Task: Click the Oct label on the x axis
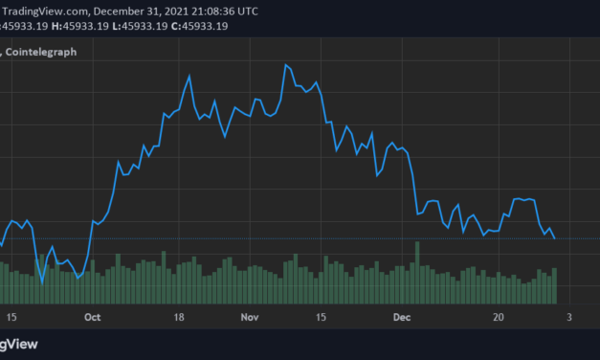tap(92, 315)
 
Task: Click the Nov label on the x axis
tap(249, 315)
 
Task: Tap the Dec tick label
tap(402, 315)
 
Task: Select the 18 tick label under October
tap(178, 315)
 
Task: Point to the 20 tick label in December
tap(499, 315)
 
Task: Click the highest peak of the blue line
tap(285, 65)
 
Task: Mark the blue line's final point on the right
tap(555, 238)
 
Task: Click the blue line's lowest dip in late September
tap(41, 281)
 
